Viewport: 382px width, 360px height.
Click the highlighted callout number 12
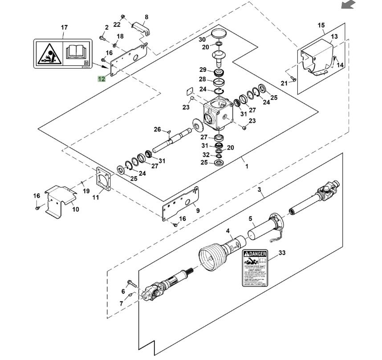(x=102, y=79)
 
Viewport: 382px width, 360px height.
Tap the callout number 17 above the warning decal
(x=64, y=28)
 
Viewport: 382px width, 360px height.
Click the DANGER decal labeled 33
(x=255, y=269)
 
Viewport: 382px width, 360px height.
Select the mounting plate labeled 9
(x=180, y=205)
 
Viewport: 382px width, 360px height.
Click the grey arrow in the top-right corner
(x=348, y=5)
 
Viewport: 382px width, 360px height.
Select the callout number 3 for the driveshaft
(x=260, y=189)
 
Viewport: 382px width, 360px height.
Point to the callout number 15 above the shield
(x=321, y=25)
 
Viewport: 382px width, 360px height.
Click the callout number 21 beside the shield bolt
(x=284, y=83)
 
